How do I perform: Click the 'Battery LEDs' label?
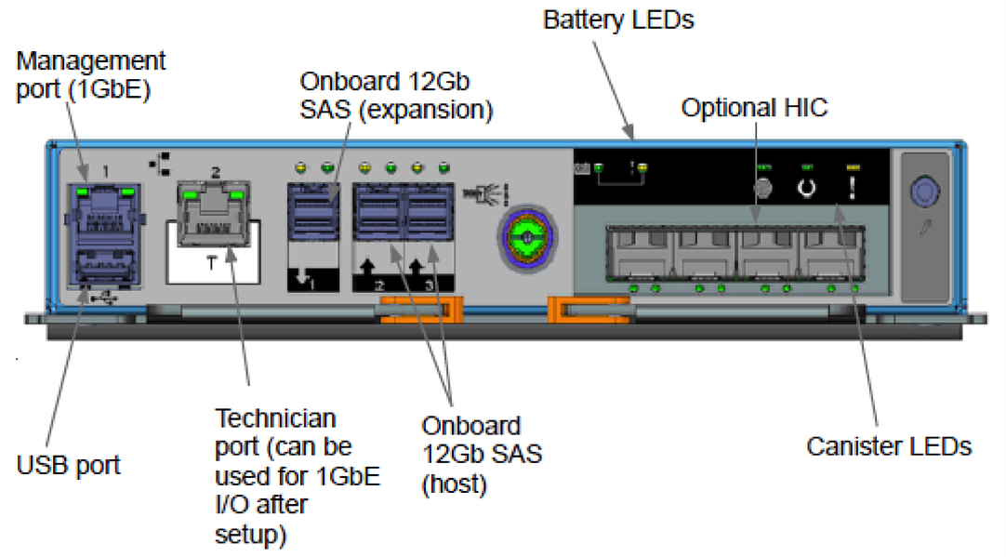point(618,20)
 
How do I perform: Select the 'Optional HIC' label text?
point(754,108)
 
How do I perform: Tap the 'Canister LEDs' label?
point(889,446)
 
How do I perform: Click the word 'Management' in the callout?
point(91,61)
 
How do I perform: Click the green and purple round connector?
point(526,238)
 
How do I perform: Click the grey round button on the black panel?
point(762,188)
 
